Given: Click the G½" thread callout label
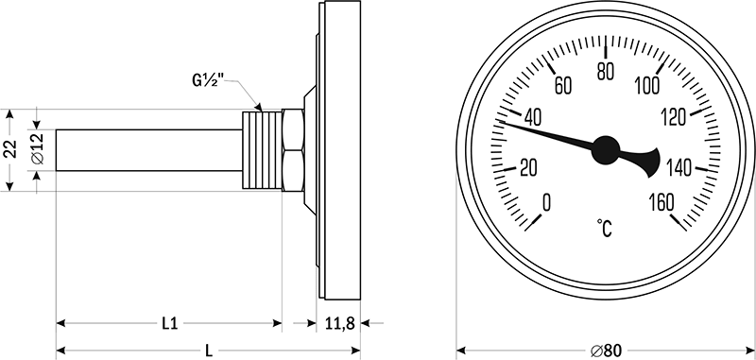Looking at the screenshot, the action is (209, 80).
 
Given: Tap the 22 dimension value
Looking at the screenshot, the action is (10, 149).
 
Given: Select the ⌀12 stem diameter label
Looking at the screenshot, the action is (38, 149).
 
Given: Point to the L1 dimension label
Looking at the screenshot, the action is (169, 324).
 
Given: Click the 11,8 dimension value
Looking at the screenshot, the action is (339, 324).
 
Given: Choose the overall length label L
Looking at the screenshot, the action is (209, 351).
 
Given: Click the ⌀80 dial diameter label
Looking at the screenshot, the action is (606, 351).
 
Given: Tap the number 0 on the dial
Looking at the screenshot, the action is (546, 203).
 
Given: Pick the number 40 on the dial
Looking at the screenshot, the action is (532, 118).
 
